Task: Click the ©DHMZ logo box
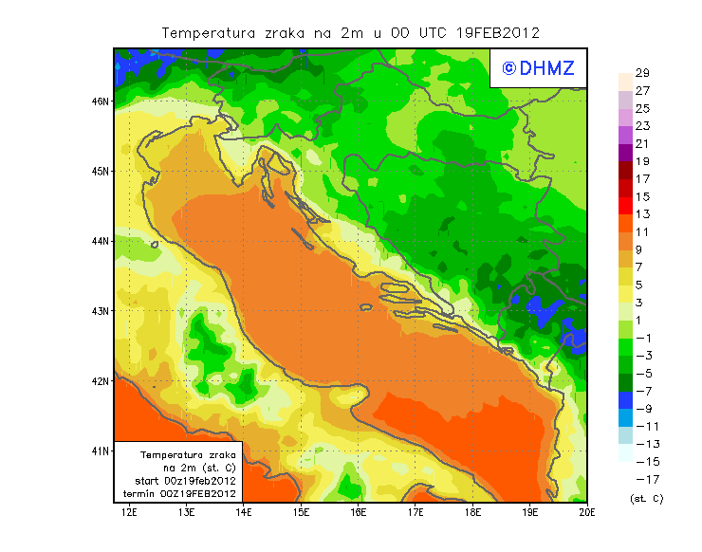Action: pyautogui.click(x=537, y=67)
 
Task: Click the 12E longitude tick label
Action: pyautogui.click(x=129, y=513)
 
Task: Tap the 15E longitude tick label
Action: pyautogui.click(x=302, y=513)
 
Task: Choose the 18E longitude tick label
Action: pyautogui.click(x=473, y=513)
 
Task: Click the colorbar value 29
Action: pyautogui.click(x=642, y=73)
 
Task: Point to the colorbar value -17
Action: pyautogui.click(x=642, y=479)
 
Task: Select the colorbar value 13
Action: pyautogui.click(x=642, y=214)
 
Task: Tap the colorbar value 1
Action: pyautogui.click(x=642, y=321)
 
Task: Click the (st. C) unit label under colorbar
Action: pyautogui.click(x=646, y=498)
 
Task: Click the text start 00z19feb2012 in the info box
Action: pyautogui.click(x=186, y=481)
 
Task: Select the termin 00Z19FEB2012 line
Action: pyautogui.click(x=185, y=493)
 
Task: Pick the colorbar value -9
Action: pyautogui.click(x=642, y=409)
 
